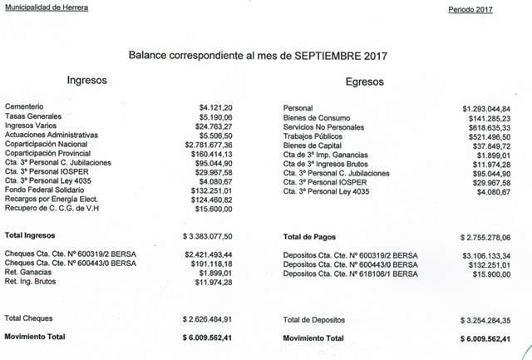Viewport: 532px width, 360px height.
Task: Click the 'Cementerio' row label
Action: coord(25,108)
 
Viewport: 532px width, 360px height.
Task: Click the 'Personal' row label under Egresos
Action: coord(298,109)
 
